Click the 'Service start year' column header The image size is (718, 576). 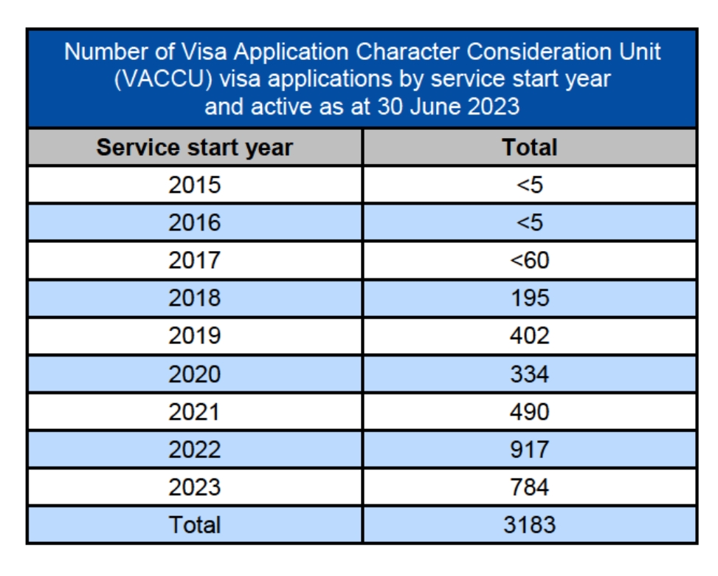[x=194, y=147]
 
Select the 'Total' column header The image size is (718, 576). [x=529, y=147]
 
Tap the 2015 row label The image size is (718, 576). [x=194, y=185]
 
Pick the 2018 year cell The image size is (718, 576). [x=194, y=298]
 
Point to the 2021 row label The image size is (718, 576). [x=194, y=411]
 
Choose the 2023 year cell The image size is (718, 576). [x=194, y=487]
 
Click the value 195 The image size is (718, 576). [x=529, y=298]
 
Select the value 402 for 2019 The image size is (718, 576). [x=529, y=336]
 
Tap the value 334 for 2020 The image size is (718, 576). [x=529, y=374]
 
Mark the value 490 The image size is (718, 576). [x=529, y=411]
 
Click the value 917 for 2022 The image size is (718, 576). [x=529, y=449]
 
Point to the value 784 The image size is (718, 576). [x=529, y=487]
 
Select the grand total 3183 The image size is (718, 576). [x=529, y=525]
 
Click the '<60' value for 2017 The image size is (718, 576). [x=529, y=260]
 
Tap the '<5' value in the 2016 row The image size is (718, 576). [x=529, y=222]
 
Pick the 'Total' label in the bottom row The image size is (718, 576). [x=194, y=525]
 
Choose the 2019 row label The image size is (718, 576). [x=194, y=336]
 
